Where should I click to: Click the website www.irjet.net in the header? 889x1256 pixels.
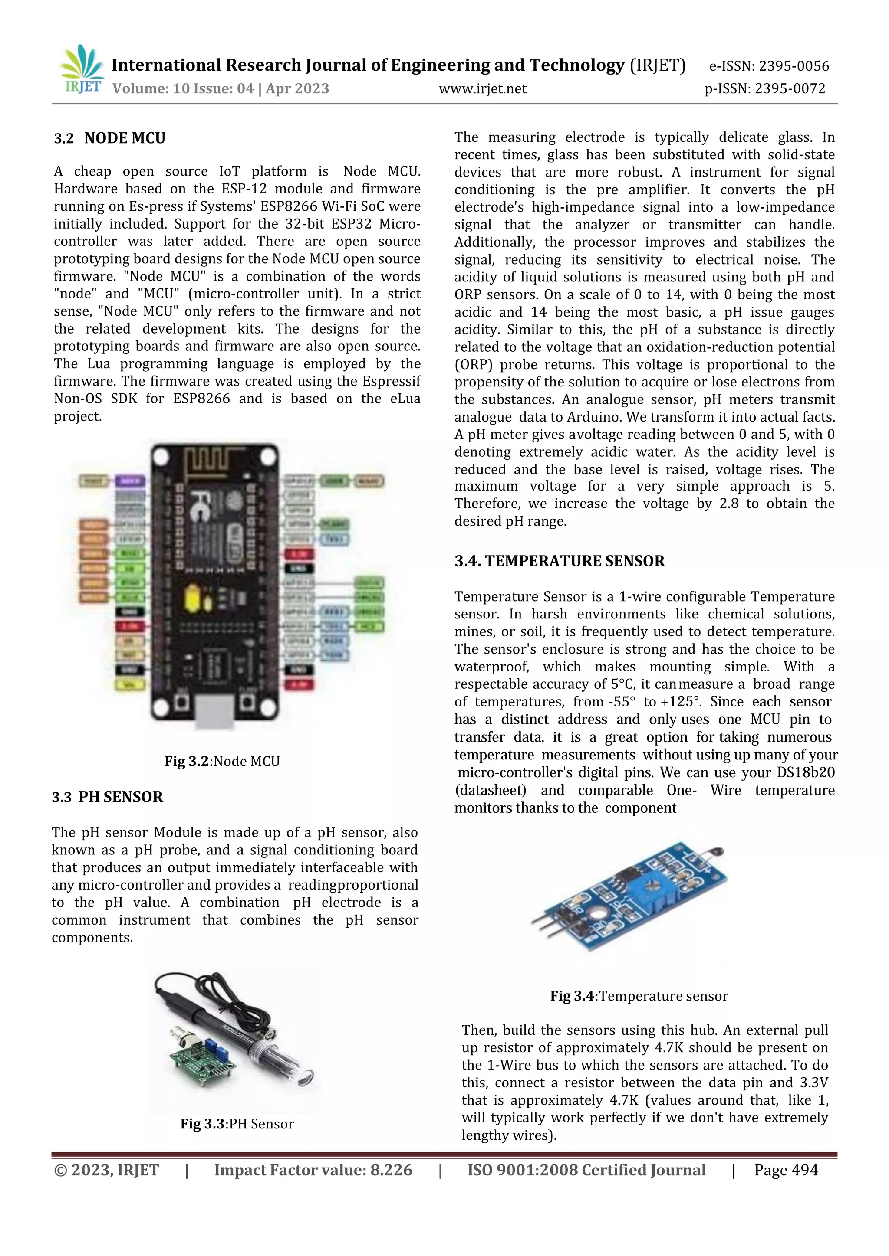482,88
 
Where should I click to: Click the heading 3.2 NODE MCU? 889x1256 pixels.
109,138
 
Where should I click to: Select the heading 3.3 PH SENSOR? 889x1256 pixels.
107,796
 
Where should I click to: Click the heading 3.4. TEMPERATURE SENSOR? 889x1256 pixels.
559,561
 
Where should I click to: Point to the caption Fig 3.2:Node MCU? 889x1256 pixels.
222,761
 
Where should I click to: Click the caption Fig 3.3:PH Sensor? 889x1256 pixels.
237,1124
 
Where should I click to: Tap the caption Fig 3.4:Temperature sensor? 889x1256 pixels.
639,996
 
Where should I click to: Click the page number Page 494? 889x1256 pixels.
786,1170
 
